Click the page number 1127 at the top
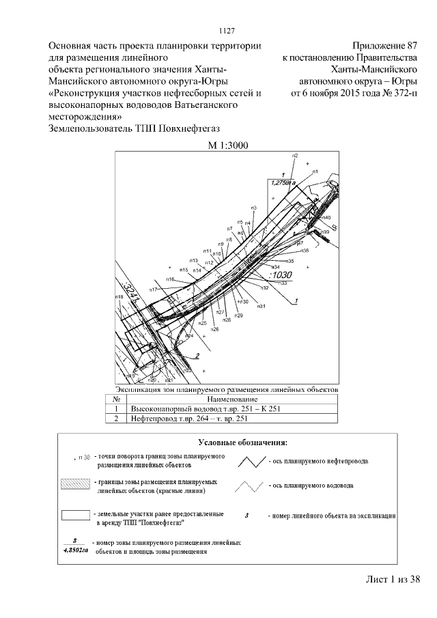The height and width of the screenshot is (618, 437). click(227, 30)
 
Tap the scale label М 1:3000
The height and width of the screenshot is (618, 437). click(227, 145)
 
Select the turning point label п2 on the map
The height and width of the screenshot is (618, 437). click(295, 156)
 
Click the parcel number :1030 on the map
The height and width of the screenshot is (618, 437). click(280, 275)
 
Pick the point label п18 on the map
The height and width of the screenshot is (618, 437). click(119, 297)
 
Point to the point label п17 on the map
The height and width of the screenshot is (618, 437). click(154, 291)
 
